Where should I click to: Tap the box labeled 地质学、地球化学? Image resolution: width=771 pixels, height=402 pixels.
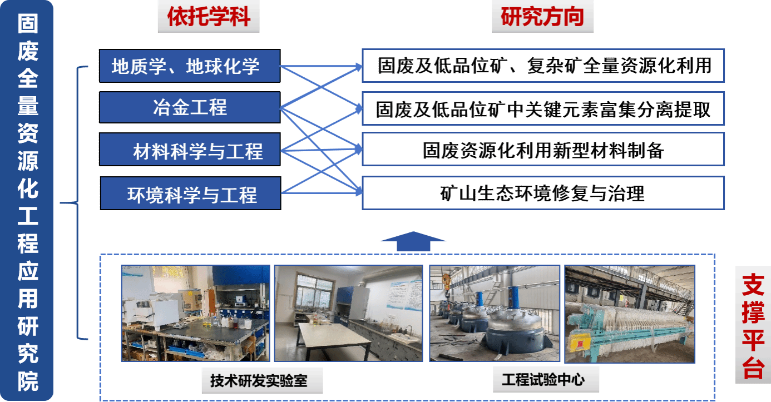pos(190,66)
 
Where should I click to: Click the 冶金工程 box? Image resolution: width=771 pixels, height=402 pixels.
pos(190,107)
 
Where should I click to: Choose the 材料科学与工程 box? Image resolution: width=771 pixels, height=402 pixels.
pos(190,150)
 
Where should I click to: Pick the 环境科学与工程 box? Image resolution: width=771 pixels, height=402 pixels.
pos(190,193)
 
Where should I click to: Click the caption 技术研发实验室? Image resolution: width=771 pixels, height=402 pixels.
pos(259,381)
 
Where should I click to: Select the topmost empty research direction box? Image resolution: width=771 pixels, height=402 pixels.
pos(543,66)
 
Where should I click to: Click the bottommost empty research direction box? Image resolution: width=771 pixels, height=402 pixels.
pos(543,193)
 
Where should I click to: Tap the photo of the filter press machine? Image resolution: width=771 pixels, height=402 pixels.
pos(630,313)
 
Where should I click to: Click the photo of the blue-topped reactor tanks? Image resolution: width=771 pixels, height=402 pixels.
pos(494,313)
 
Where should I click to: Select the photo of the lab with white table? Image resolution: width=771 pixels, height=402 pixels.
pos(348,313)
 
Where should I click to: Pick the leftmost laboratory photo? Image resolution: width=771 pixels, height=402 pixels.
pos(195,313)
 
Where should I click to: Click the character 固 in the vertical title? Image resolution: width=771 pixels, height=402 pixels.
pos(27,23)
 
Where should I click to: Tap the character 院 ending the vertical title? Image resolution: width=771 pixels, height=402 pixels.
pos(27,381)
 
